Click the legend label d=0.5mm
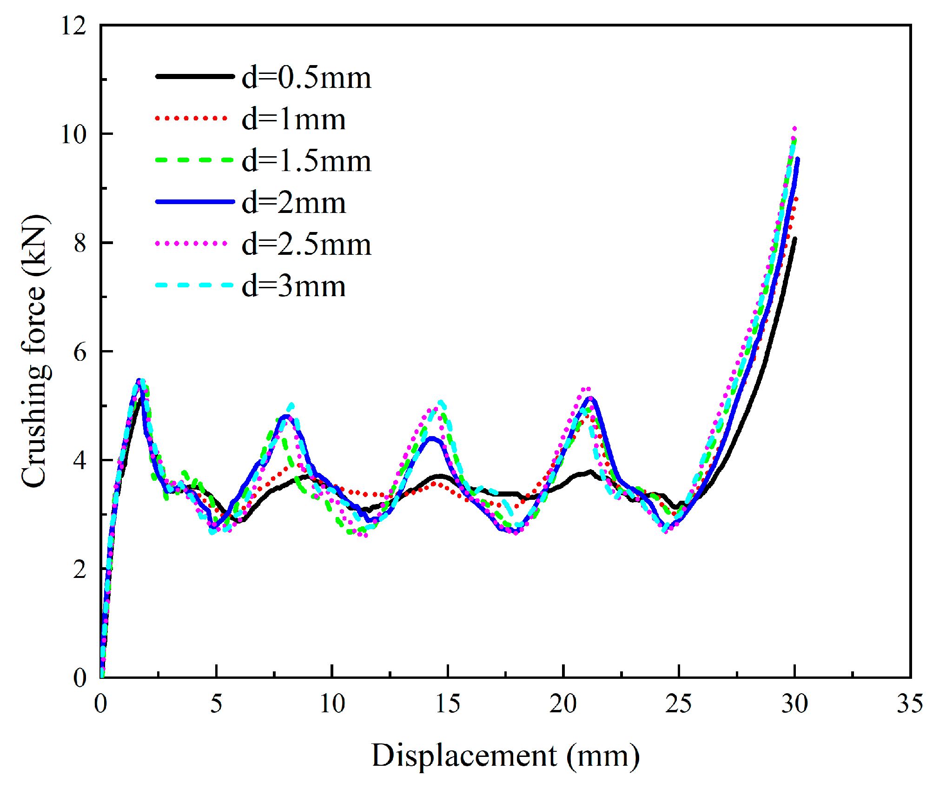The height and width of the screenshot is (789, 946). coord(306,78)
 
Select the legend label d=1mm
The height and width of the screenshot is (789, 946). coord(293,119)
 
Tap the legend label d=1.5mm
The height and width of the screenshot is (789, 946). coord(306,161)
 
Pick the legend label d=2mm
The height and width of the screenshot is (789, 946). coord(293,203)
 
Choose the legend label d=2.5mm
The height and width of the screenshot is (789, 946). coord(306,245)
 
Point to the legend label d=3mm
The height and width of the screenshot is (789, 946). coord(293,286)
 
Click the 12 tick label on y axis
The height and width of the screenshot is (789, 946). coord(73,26)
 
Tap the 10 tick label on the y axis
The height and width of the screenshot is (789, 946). coord(73,134)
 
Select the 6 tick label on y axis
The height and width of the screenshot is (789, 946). coord(79,352)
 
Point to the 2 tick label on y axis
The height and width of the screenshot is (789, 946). coord(79,569)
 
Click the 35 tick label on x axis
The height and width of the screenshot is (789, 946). coord(910,704)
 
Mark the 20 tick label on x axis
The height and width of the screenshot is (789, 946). coord(563,704)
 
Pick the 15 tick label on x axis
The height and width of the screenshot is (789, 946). coord(448,704)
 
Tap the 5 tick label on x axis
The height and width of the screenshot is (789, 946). coord(216,704)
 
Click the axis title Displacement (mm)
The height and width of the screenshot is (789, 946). coord(505,756)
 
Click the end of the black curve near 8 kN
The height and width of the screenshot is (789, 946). coord(795,239)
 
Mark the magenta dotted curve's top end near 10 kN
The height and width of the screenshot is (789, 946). coord(794,129)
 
